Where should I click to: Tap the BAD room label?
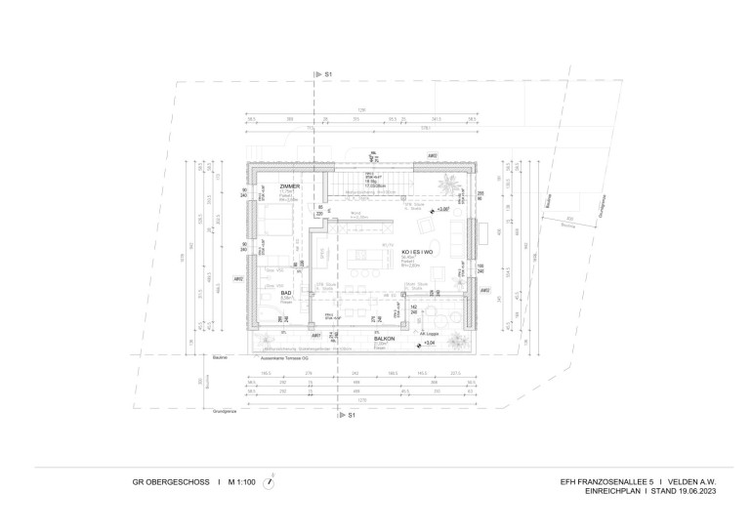[286, 292]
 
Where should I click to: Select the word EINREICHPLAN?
[593, 491]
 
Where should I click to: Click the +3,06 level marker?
[444, 209]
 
